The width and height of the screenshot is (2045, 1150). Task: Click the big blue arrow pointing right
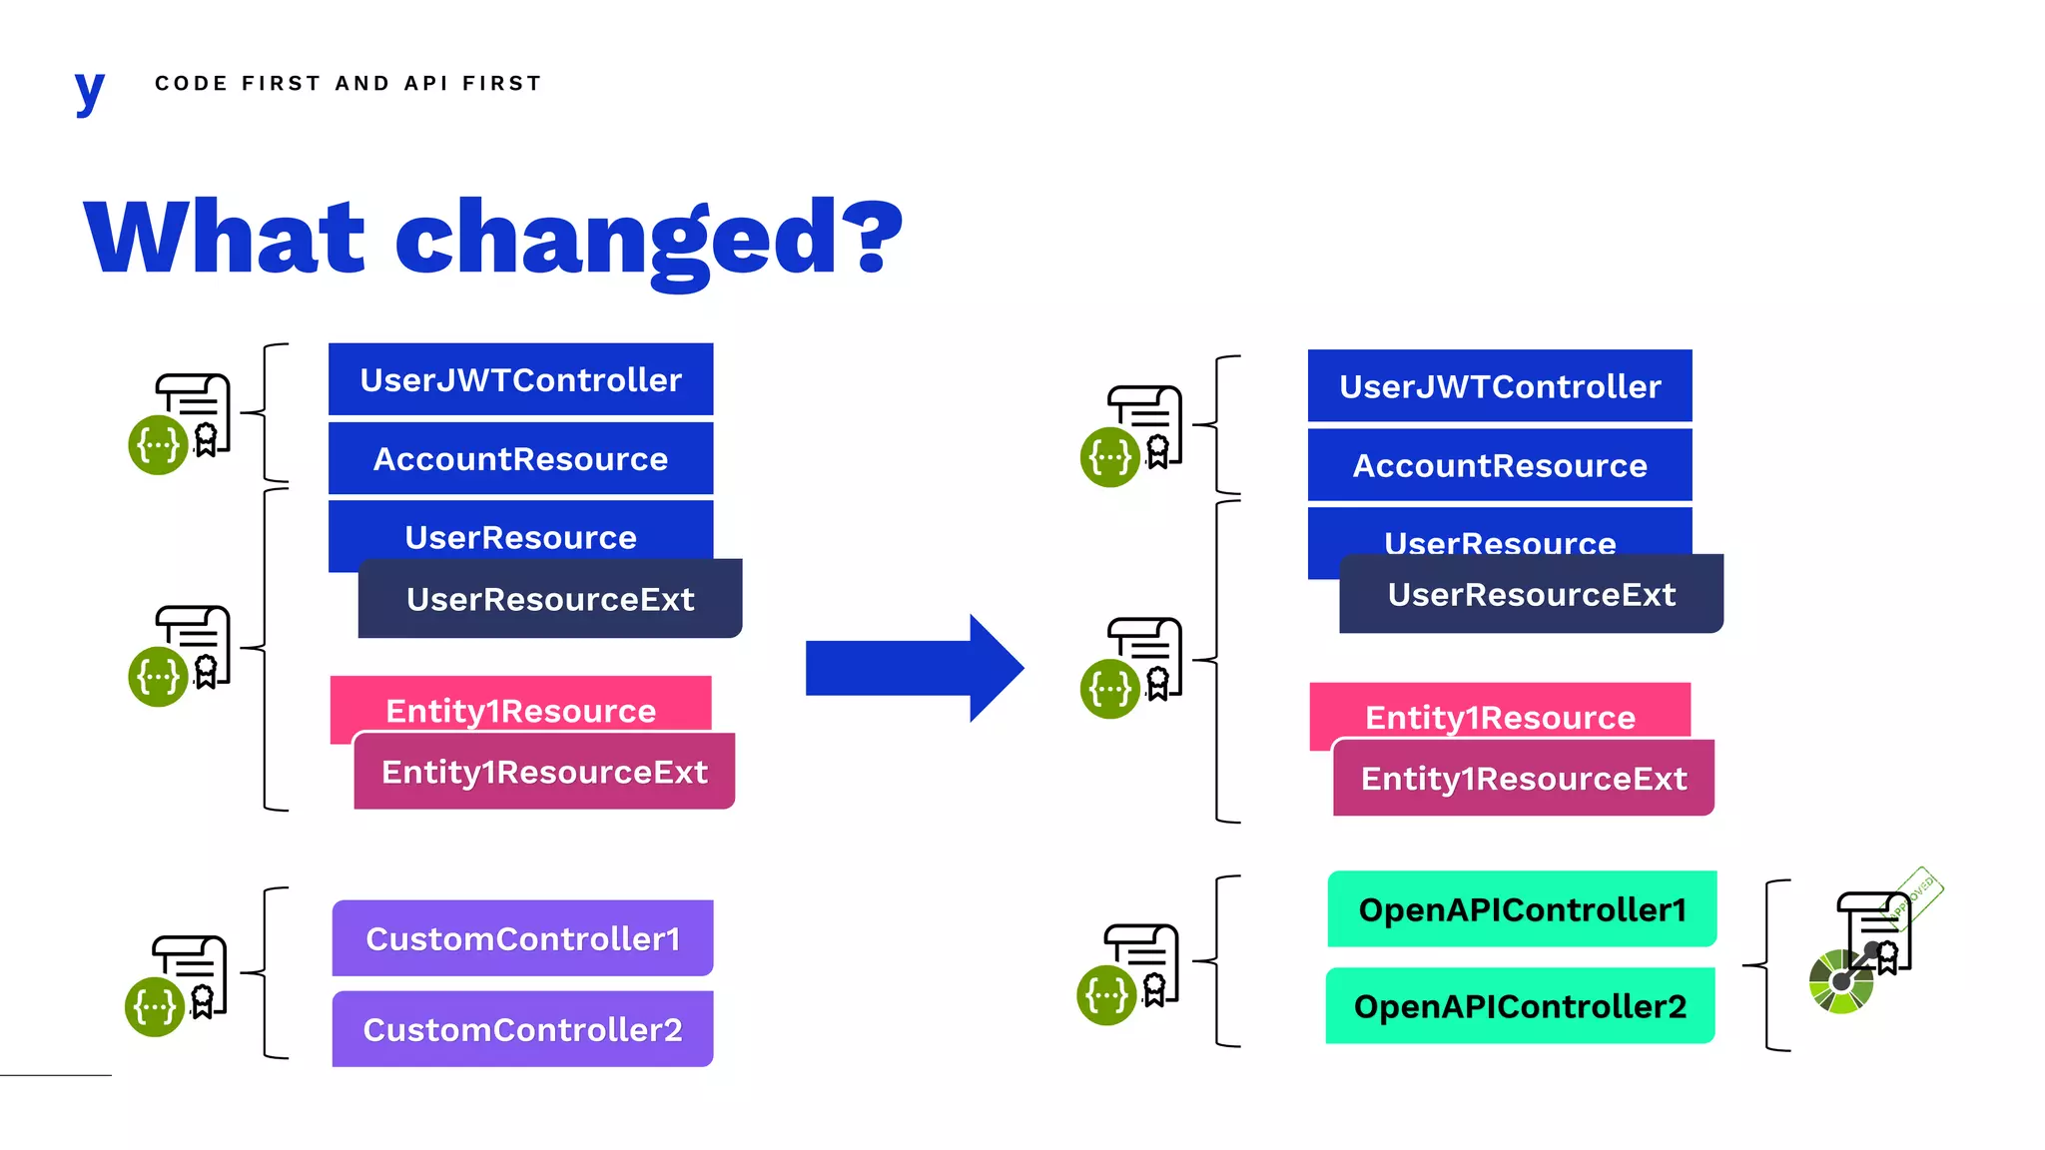tap(914, 668)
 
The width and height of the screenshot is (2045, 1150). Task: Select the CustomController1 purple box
tap(522, 938)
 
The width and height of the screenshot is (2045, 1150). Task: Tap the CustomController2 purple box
tap(522, 1029)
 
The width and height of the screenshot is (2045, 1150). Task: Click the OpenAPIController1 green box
tap(1522, 909)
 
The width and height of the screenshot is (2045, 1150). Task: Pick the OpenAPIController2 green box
tap(1520, 1006)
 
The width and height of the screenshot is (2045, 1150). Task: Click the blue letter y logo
tap(89, 91)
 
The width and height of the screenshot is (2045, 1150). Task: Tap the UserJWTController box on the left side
tap(520, 379)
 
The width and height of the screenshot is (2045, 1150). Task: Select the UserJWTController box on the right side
tap(1500, 386)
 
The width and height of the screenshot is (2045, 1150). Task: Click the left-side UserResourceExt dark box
tap(550, 599)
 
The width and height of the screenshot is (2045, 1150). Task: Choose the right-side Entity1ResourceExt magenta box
tap(1524, 779)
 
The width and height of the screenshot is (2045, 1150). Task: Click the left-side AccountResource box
tap(520, 459)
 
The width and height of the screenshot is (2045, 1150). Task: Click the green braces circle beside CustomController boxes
tap(155, 1007)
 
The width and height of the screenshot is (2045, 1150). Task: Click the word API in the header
tap(425, 83)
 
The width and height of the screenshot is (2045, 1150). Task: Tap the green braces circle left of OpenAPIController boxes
tap(1106, 995)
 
